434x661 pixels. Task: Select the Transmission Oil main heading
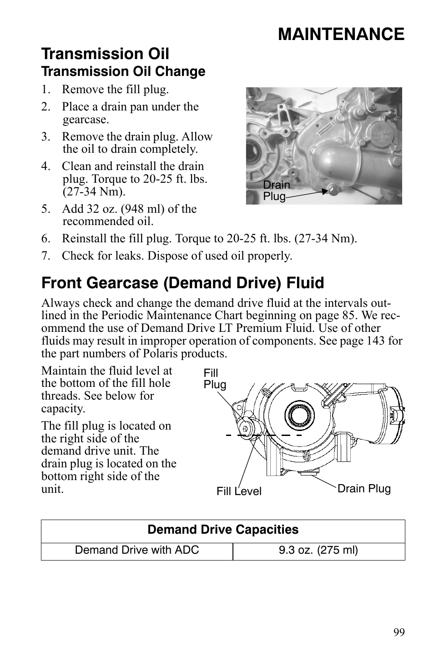coord(105,54)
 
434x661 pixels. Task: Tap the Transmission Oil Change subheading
coord(123,72)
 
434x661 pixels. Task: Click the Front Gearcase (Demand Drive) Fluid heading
coord(182,283)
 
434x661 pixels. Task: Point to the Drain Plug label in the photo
coord(276,190)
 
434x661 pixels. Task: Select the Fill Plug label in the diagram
coord(215,379)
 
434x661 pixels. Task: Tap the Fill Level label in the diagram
coord(239,491)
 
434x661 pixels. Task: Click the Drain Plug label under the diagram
coord(364,489)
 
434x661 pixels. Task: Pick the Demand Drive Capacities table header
coord(223,530)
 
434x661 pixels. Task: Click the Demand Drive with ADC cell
coord(137,550)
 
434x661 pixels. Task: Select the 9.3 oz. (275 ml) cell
coord(318,550)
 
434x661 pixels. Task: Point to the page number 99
coord(399,632)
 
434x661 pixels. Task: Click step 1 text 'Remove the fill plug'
coord(115,90)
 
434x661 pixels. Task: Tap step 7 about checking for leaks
coord(177,255)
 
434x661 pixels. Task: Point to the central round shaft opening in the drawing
coord(300,415)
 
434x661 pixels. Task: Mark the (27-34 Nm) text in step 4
coord(94,192)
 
